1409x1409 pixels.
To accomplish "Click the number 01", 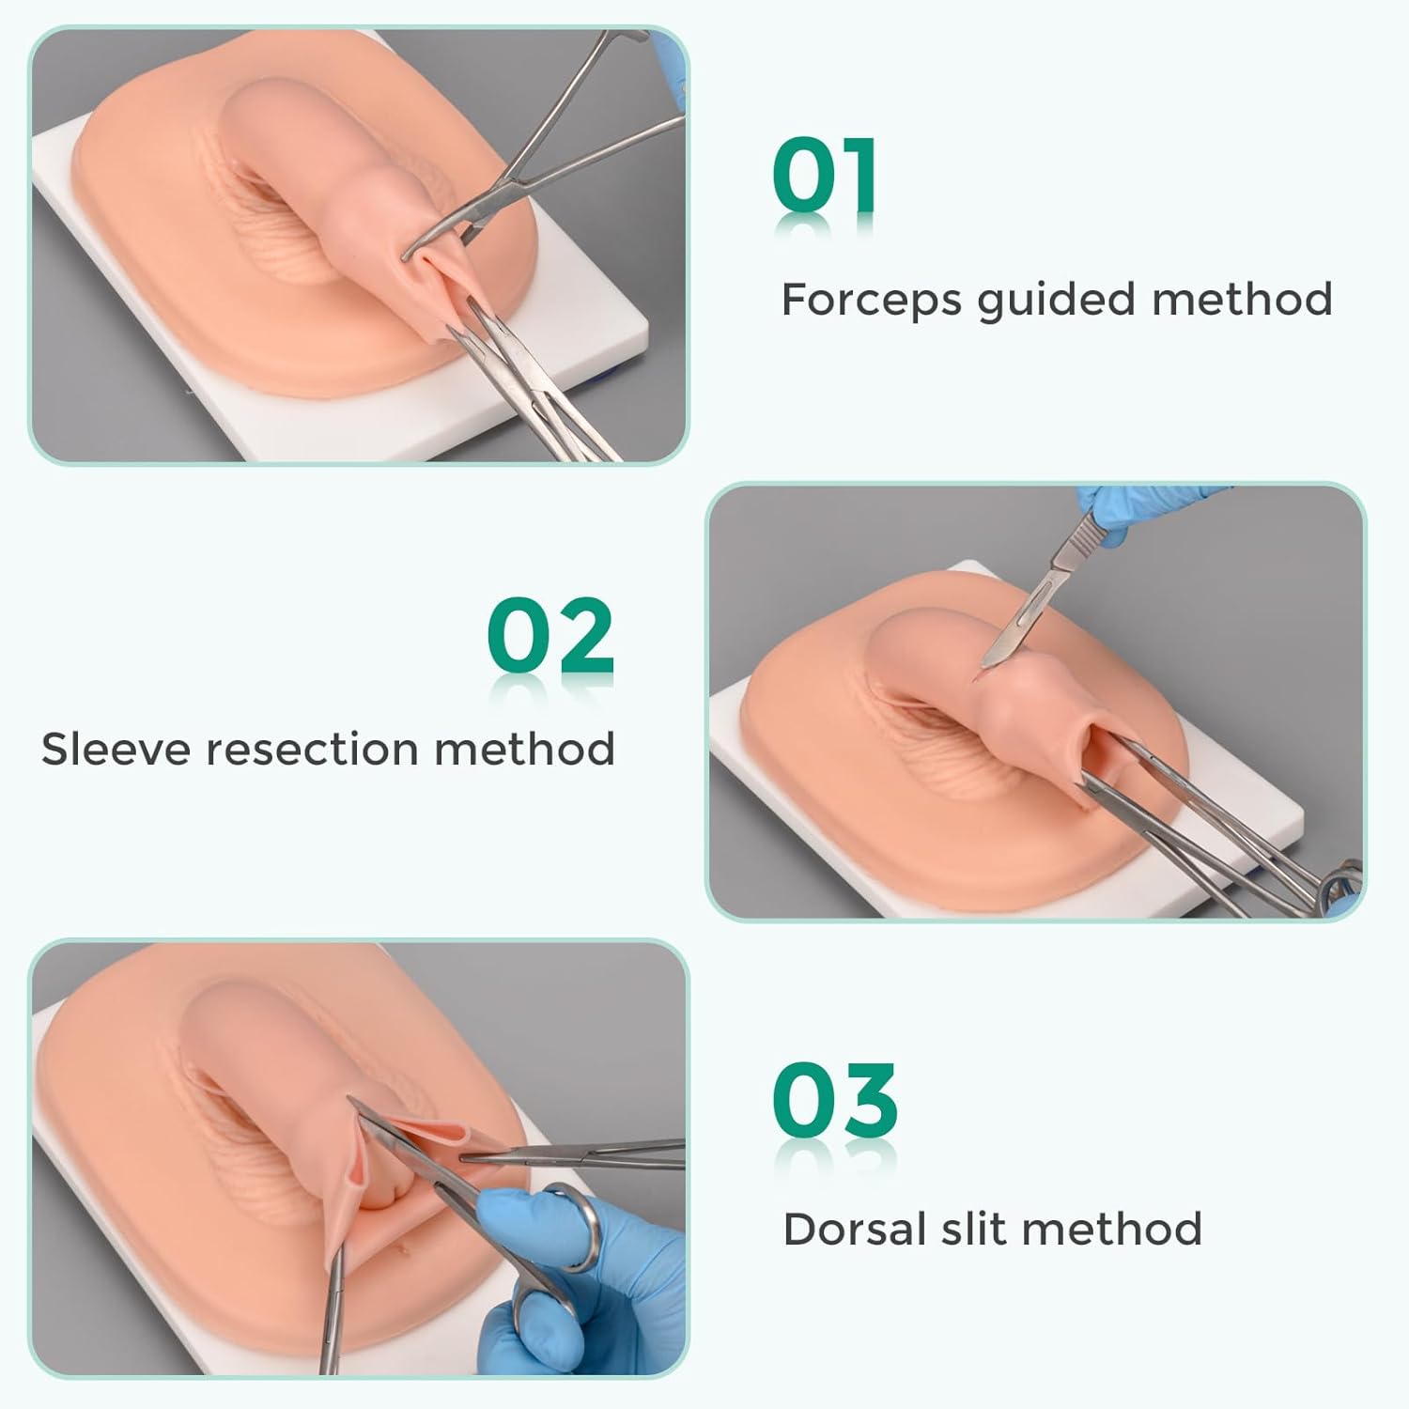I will (x=825, y=176).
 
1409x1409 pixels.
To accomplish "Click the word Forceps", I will (x=871, y=300).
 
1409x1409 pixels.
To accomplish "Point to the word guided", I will (x=1056, y=301).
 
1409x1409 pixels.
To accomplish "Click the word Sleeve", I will (x=116, y=750).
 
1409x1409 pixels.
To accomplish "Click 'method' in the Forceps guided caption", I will (x=1242, y=300).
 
